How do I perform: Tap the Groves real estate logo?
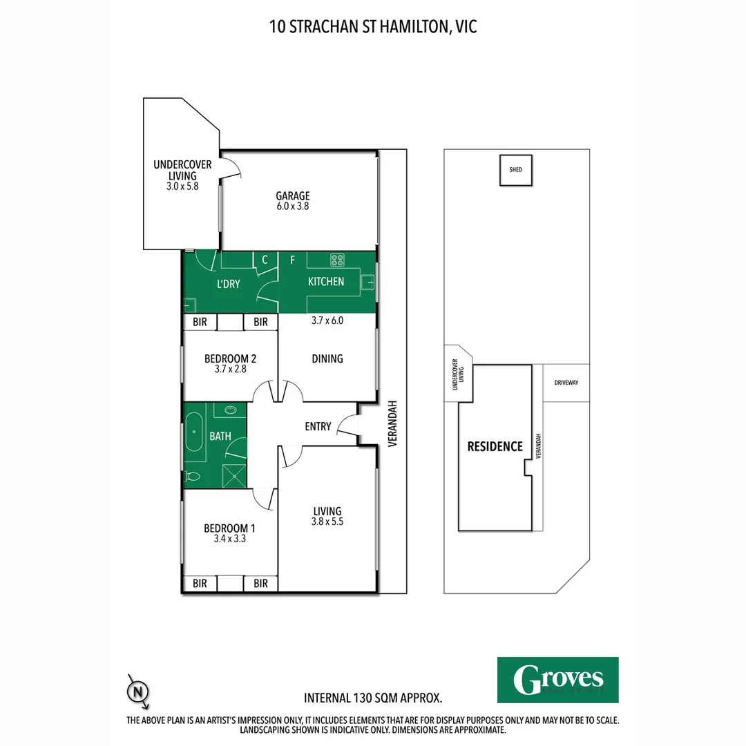coord(558,680)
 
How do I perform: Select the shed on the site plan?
coord(516,170)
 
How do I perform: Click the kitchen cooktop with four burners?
coord(338,260)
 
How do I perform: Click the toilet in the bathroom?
coord(193,476)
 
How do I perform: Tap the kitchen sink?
coord(367,282)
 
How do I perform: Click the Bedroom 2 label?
coord(230,358)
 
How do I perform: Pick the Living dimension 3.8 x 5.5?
coord(327,522)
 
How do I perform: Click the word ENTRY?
coord(318,427)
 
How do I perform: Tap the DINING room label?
coord(327,358)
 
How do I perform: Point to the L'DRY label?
coord(228,283)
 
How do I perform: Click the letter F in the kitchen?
coord(293,260)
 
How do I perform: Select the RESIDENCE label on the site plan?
coord(495,446)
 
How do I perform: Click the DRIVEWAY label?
coord(566,382)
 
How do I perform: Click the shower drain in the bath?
coord(236,476)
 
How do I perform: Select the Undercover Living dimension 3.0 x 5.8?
coord(182,186)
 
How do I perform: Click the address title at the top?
coord(373,27)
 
